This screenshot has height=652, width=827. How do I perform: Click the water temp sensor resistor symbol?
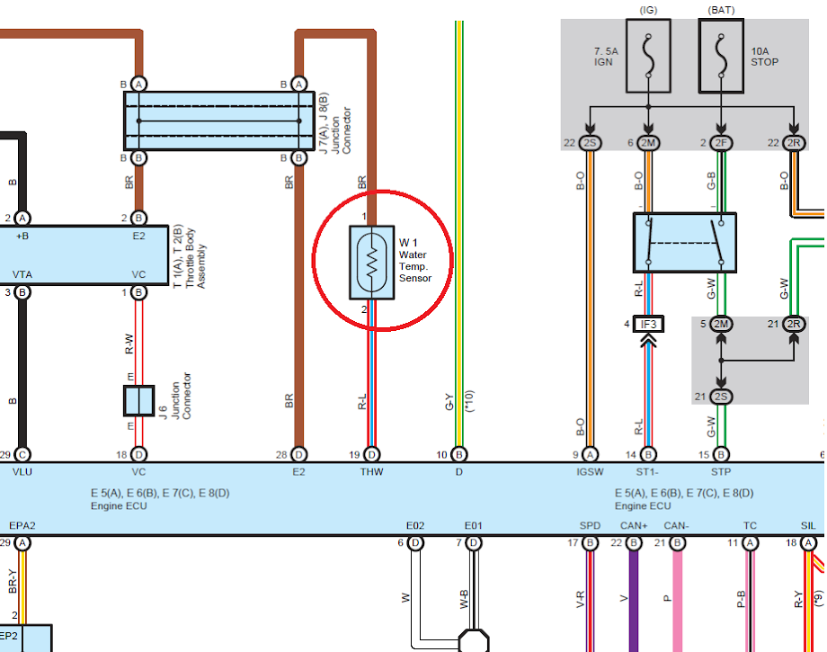tap(372, 263)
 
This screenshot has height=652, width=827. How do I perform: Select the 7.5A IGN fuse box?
tap(648, 56)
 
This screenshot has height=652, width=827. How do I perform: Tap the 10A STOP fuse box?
tap(721, 56)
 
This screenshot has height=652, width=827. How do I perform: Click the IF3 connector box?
tap(648, 324)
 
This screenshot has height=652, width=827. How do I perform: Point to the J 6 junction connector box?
tap(138, 400)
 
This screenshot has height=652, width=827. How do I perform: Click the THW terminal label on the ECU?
tap(371, 471)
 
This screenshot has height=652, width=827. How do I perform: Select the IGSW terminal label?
tap(590, 471)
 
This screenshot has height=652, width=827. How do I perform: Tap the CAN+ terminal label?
tap(634, 525)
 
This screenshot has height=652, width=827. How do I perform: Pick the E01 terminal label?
tap(473, 525)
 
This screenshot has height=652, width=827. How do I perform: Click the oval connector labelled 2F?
tap(721, 143)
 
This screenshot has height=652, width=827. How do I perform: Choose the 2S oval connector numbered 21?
tap(721, 397)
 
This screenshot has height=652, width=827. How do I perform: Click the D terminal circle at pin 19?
tap(372, 455)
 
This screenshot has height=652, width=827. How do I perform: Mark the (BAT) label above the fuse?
tap(721, 10)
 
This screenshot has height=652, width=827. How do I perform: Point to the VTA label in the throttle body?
tap(22, 274)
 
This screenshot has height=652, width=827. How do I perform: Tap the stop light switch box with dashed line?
tap(685, 243)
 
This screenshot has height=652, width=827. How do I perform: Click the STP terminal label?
tap(721, 471)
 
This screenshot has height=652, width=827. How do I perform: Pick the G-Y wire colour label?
tap(449, 402)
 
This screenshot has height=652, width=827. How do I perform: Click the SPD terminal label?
tap(590, 525)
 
